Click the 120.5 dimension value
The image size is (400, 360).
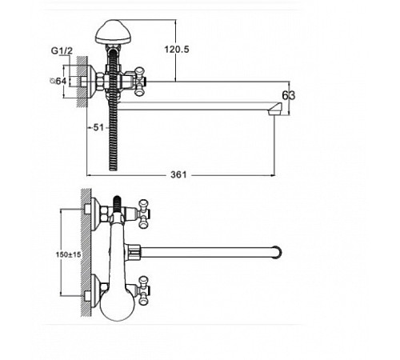coord(177,50)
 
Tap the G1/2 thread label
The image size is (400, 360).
coord(62,50)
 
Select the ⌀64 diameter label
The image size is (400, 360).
coord(58,81)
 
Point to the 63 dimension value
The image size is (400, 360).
coord(289,95)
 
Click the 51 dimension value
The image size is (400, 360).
coord(98,127)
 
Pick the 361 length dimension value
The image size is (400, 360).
coord(178,175)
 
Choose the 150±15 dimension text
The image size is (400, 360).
coord(68,254)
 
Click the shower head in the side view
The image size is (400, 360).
coord(113,31)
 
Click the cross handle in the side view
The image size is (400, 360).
coord(139,82)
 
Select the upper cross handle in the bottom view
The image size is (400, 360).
coord(144,214)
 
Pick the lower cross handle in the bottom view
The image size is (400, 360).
coord(144,290)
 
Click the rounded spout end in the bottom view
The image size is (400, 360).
coord(278,252)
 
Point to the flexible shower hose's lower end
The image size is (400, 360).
coord(114,167)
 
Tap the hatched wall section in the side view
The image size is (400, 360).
coord(82,82)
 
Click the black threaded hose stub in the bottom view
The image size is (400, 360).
coord(117,203)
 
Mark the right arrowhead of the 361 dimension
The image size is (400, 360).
coord(273,175)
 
